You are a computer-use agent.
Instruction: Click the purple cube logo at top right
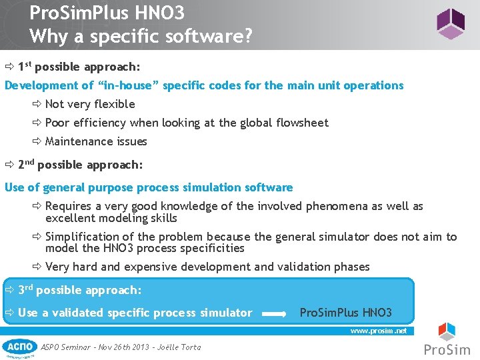coord(451,24)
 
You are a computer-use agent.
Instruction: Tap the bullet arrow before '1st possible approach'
coord(10,67)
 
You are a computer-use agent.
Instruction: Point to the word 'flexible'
coord(114,104)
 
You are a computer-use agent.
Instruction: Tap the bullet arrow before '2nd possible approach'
coord(10,165)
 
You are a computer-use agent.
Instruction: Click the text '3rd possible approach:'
coord(79,290)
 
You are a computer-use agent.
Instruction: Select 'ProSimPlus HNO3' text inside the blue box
coord(346,313)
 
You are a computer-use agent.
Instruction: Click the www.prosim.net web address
coord(378,330)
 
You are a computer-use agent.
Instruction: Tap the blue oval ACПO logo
coord(19,346)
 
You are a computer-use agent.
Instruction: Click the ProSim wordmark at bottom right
coord(447,349)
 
